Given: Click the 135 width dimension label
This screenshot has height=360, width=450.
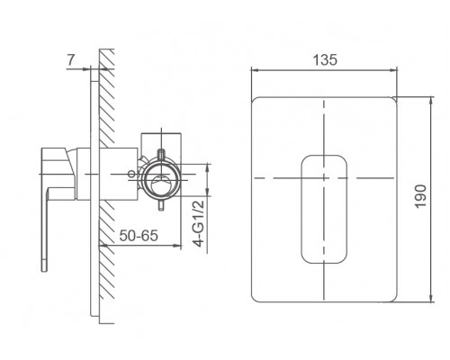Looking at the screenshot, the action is click(x=325, y=59).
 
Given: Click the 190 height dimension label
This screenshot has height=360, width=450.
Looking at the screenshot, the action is click(x=420, y=196).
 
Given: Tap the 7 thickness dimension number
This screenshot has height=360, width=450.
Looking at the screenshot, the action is click(x=70, y=60).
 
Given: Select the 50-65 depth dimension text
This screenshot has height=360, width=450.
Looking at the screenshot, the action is click(x=139, y=236).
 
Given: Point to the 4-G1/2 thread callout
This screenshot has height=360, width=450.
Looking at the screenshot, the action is click(x=199, y=223).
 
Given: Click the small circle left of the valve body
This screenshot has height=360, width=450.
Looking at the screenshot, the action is click(x=131, y=174).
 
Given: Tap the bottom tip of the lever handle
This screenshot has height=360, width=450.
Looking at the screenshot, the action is click(x=44, y=271).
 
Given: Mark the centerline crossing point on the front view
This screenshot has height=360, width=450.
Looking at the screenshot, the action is click(x=324, y=178).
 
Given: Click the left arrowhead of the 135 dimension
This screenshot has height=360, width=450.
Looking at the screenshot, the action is click(x=254, y=70).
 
